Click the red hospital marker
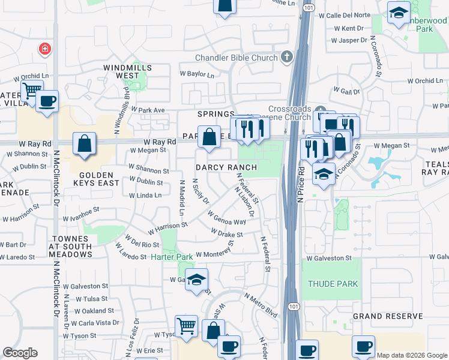[44, 49]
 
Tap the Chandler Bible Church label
[237, 58]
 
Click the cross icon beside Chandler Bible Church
[287, 57]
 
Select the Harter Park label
[172, 257]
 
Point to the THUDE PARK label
[333, 284]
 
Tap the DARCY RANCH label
[227, 167]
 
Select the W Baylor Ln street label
[197, 75]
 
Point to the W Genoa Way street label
[227, 218]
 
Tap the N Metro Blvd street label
[261, 305]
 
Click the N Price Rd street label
[301, 181]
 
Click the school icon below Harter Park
[196, 280]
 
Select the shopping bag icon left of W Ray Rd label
[85, 144]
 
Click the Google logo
[20, 353]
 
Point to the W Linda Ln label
[145, 195]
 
